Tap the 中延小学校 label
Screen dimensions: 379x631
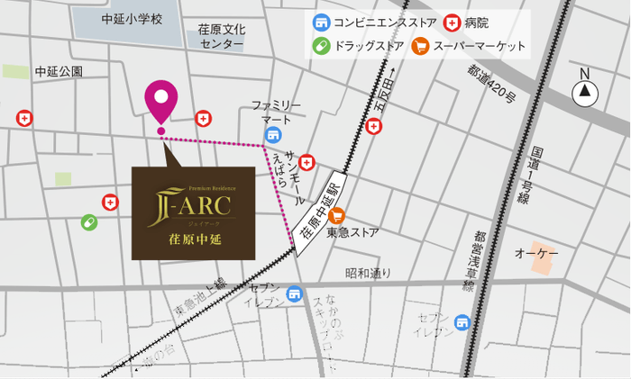132,19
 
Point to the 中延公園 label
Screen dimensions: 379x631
59,70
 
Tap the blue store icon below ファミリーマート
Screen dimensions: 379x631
272,135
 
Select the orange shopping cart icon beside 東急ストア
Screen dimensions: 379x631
337,215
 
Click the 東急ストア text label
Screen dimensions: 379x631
352,233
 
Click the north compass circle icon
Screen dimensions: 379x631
586,90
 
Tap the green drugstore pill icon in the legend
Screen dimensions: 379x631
321,45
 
